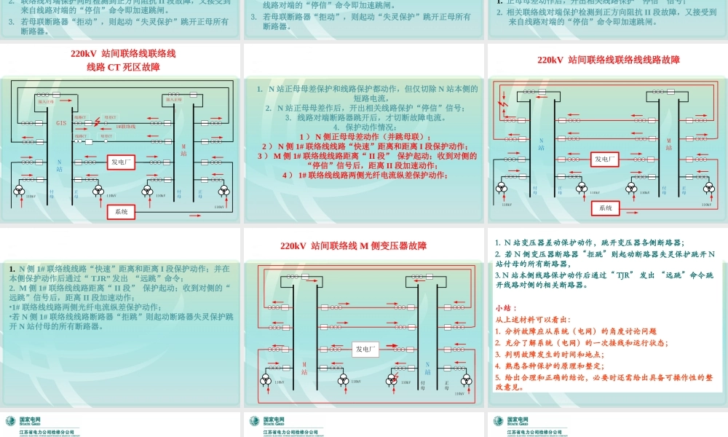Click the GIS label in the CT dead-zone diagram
tap(61, 123)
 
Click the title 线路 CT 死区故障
tap(123, 67)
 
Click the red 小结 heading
tap(504, 307)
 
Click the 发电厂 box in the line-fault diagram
tap(606, 158)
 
